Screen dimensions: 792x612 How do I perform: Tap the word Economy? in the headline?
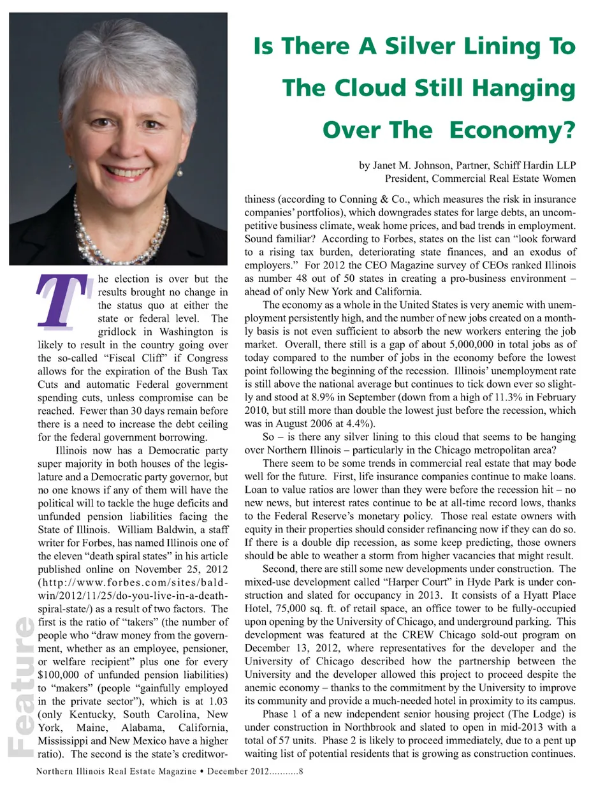click(512, 130)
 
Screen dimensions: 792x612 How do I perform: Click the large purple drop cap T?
click(62, 301)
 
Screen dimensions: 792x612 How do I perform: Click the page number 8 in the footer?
click(301, 772)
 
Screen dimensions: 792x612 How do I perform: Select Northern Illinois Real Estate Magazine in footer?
click(116, 772)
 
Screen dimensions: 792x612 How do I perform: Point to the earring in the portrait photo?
click(182, 173)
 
